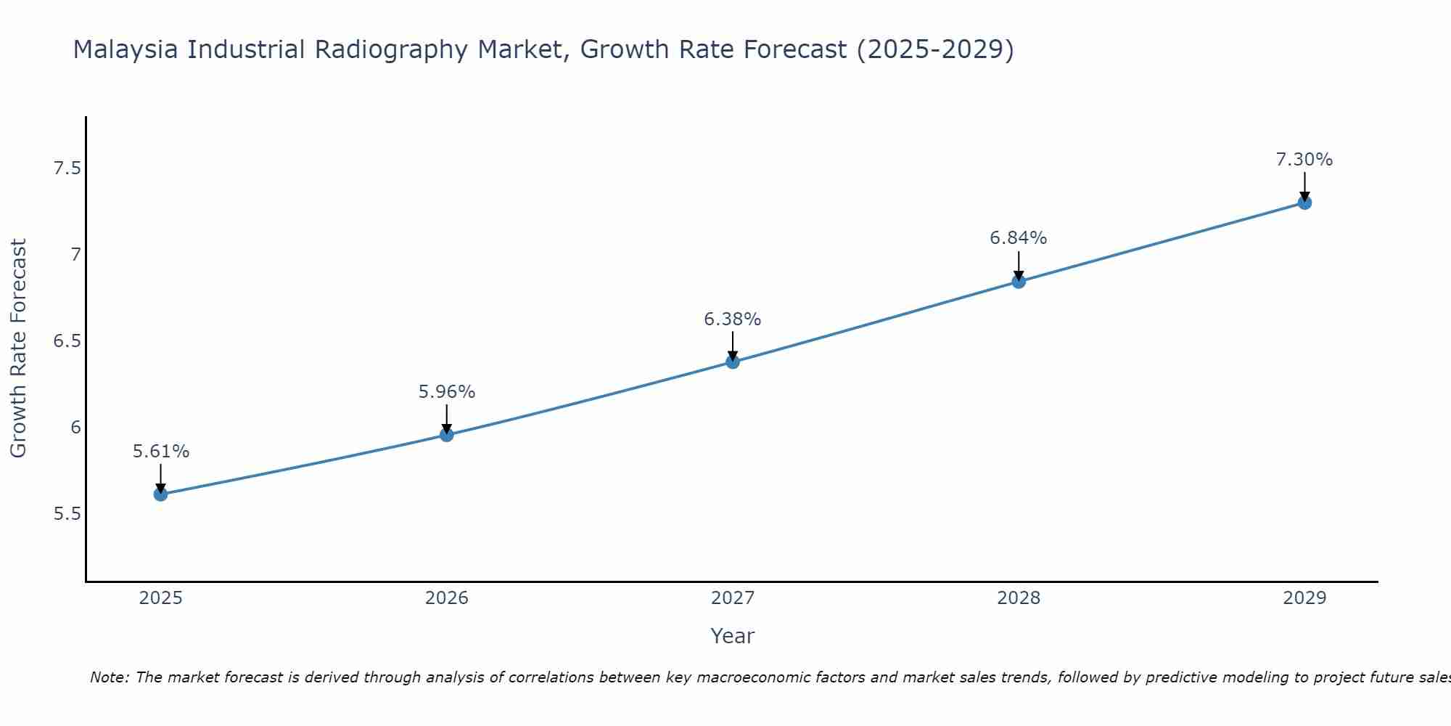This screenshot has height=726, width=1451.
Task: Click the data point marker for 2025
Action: point(160,494)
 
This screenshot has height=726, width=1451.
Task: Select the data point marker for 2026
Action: point(447,435)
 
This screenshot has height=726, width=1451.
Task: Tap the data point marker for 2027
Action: point(733,362)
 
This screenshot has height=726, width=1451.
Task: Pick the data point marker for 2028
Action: point(1019,282)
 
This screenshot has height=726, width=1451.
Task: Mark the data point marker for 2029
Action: point(1304,203)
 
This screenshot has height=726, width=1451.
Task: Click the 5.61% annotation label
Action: point(160,452)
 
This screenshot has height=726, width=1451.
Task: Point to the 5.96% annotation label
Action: point(447,392)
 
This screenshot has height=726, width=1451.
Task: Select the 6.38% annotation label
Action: point(733,319)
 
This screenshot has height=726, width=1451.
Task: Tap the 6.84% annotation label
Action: point(1019,238)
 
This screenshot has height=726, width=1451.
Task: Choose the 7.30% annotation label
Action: point(1304,160)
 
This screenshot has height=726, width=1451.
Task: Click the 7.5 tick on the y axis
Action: point(67,169)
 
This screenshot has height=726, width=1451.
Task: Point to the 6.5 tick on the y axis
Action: point(67,341)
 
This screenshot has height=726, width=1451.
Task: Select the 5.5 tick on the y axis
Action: point(67,514)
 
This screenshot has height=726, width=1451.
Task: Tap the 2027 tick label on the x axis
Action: point(733,598)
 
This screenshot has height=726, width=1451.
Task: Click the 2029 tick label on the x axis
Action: point(1304,598)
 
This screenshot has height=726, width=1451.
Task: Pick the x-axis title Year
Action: point(733,636)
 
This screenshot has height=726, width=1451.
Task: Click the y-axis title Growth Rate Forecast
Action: point(19,348)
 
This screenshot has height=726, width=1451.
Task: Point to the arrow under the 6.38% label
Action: point(733,346)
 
